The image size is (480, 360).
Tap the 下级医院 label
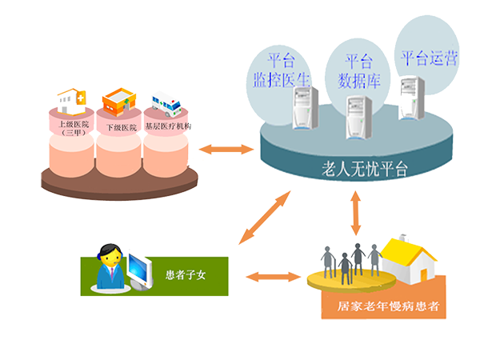[x=120, y=126]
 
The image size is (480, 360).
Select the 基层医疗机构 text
[x=167, y=126]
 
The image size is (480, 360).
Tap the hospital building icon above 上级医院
[x=76, y=100]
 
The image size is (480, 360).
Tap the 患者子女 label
[x=186, y=277]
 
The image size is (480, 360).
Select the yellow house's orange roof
[x=407, y=250]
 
